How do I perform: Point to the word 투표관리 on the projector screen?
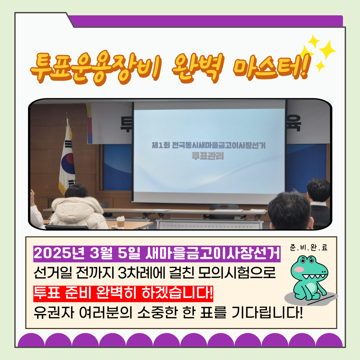pyautogui.click(x=208, y=156)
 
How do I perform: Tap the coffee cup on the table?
pyautogui.click(x=120, y=222)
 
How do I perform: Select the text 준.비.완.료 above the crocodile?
pyautogui.click(x=309, y=248)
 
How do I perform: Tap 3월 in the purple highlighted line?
pyautogui.click(x=99, y=254)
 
